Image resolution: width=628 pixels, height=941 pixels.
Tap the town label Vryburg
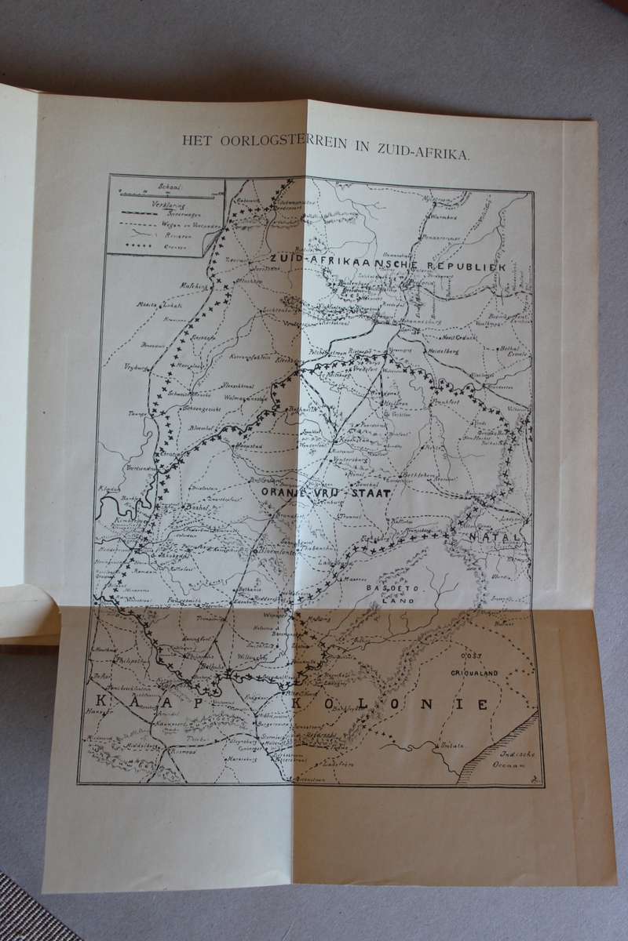[135, 366]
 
